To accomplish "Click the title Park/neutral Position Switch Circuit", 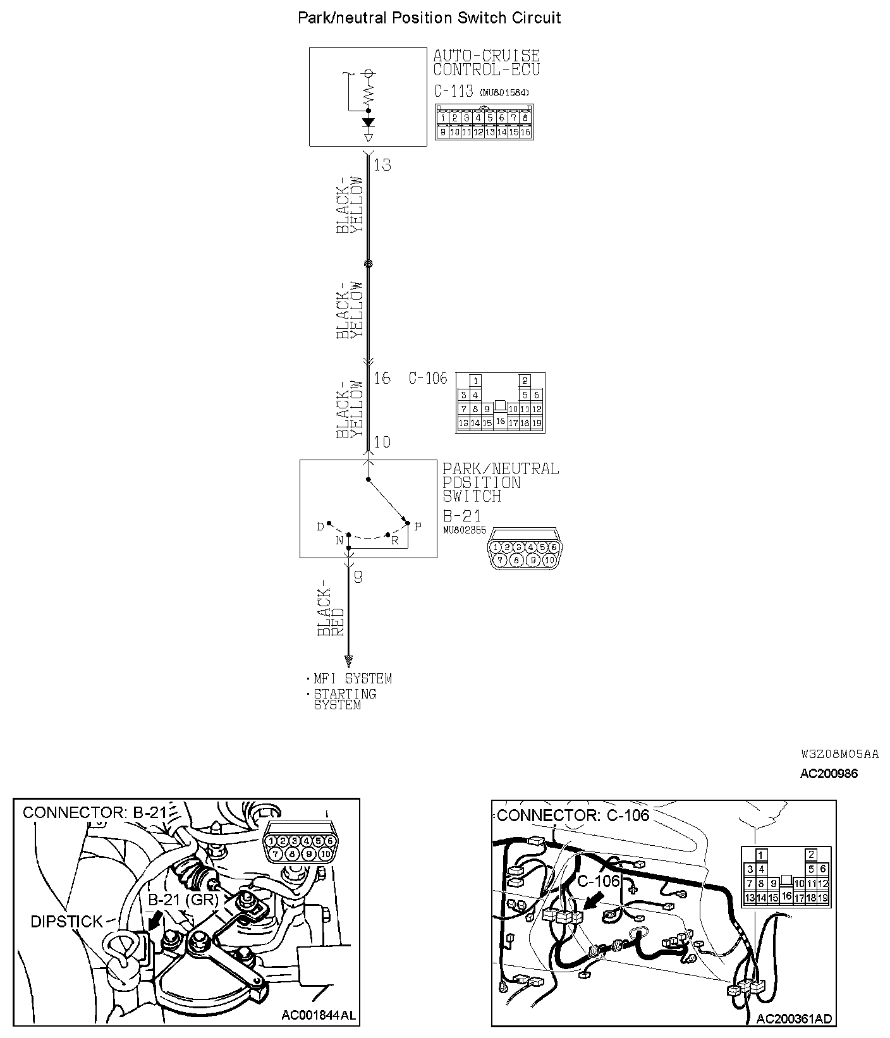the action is pyautogui.click(x=429, y=18).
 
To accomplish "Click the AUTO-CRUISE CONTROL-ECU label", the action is pyautogui.click(x=486, y=63).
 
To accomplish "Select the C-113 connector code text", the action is pyautogui.click(x=453, y=91).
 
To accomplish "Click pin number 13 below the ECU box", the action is pyautogui.click(x=382, y=165).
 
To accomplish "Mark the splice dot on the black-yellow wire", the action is pyautogui.click(x=369, y=264).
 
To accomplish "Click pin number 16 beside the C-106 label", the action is pyautogui.click(x=382, y=378).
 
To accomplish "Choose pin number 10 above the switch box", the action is pyautogui.click(x=382, y=442).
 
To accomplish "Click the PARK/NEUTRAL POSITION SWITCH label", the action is pyautogui.click(x=500, y=482).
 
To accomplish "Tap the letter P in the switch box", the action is pyautogui.click(x=418, y=527).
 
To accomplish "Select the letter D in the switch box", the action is pyautogui.click(x=320, y=527).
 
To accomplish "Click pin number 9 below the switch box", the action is pyautogui.click(x=358, y=577).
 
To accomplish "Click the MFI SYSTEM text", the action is pyautogui.click(x=353, y=679).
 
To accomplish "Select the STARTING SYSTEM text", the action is pyautogui.click(x=345, y=699).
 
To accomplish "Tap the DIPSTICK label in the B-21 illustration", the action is pyautogui.click(x=66, y=922).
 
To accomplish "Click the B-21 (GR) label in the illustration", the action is pyautogui.click(x=183, y=900).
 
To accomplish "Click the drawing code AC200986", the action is pyautogui.click(x=829, y=773).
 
